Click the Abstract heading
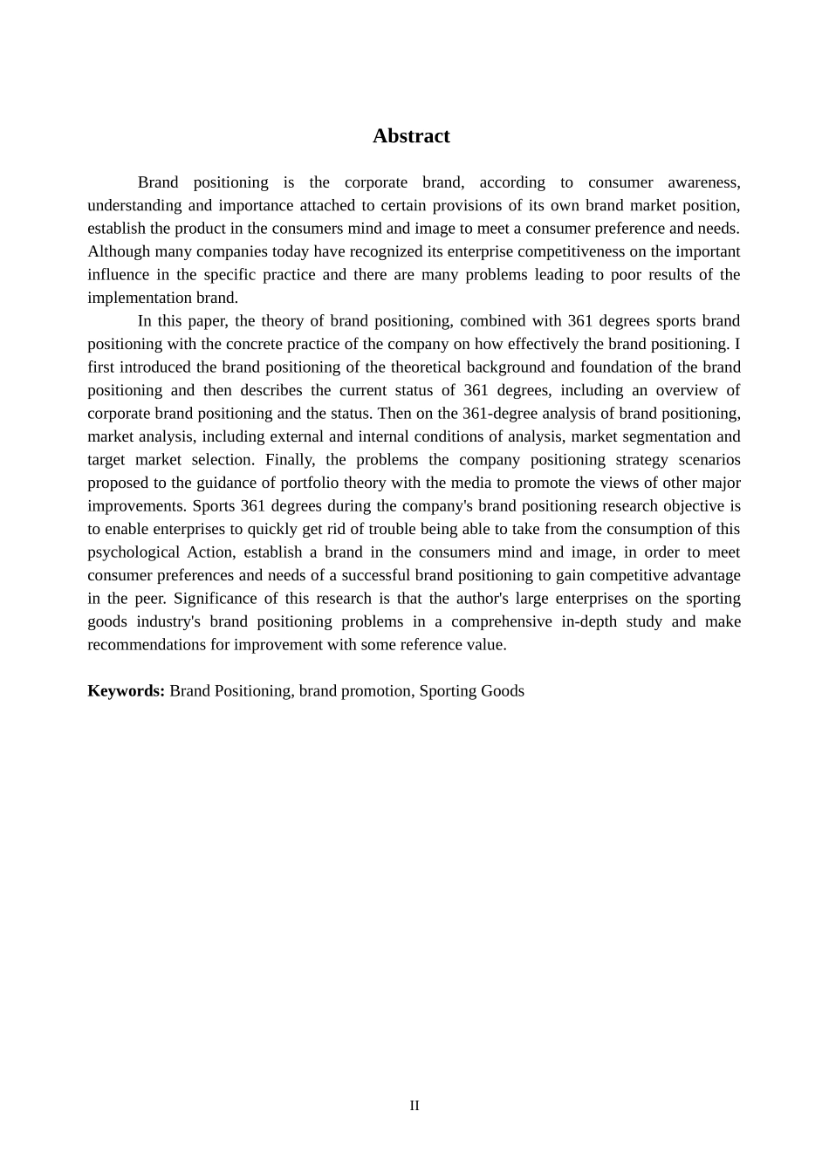(x=411, y=136)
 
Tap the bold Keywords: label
(x=126, y=691)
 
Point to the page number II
(x=414, y=1106)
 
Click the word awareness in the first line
(x=703, y=182)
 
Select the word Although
(x=118, y=251)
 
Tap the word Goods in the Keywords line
(x=502, y=691)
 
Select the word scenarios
(x=709, y=460)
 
